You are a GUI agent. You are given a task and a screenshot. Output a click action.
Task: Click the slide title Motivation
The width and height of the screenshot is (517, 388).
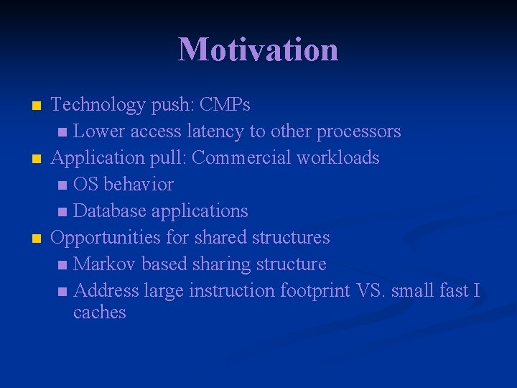point(258,50)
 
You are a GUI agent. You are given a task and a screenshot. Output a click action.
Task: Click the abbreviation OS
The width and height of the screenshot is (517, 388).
point(86,185)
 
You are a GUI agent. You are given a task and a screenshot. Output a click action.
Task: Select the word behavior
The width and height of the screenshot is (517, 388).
point(139,185)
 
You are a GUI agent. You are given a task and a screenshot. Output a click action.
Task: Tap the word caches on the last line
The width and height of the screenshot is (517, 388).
point(99,313)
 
